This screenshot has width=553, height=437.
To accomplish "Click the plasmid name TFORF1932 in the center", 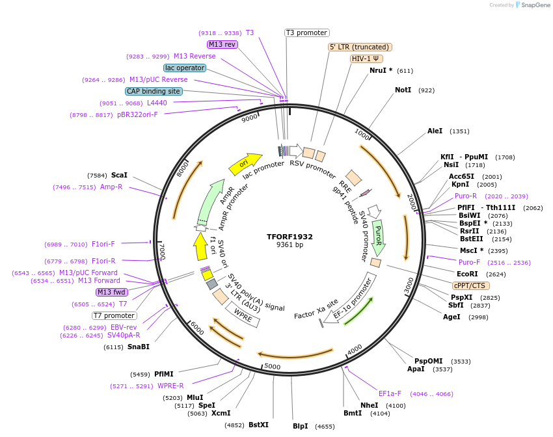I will [290, 236].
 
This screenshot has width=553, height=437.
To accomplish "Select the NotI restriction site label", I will [403, 90].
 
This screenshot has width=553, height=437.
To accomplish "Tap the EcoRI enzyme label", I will [467, 274].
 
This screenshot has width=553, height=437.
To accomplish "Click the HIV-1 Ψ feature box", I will [366, 59].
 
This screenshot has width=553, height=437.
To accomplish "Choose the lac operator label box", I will [185, 68].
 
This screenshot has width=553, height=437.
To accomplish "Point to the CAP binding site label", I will [154, 92].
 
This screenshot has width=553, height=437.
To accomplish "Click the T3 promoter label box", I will [307, 33].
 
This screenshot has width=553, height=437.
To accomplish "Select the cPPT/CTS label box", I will [470, 285].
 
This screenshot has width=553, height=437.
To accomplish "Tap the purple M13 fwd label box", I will [111, 292].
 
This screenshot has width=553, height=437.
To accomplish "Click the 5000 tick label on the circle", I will [272, 367].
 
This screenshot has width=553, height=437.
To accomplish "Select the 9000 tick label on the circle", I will [250, 118].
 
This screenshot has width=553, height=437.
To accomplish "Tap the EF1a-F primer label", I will [390, 393].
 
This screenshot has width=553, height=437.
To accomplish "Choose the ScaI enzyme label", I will [119, 175].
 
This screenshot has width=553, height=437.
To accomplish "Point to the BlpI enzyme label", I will [300, 426].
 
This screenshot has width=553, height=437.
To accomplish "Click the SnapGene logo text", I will [532, 5].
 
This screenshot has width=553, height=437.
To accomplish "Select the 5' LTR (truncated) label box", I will [359, 47].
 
